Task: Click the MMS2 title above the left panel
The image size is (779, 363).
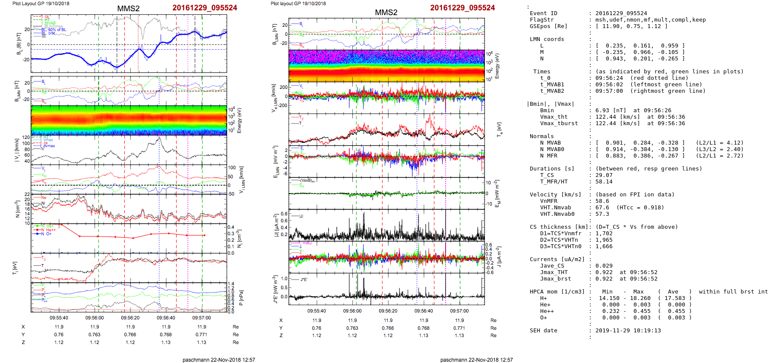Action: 128,9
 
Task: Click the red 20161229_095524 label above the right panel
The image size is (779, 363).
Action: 462,8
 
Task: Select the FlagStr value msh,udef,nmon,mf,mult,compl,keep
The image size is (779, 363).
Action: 651,20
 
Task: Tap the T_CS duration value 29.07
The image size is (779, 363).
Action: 604,175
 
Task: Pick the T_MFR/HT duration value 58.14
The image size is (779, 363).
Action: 604,182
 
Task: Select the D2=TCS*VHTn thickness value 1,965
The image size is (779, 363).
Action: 604,240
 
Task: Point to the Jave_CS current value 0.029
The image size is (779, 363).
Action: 604,266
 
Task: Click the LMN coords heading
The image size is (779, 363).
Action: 547,39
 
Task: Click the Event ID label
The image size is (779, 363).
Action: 543,13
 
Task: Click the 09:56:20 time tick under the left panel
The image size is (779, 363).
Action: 130,318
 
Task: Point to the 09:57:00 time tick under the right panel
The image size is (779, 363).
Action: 459,311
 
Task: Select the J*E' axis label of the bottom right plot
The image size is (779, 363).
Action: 275,289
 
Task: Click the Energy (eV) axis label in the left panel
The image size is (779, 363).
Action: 240,120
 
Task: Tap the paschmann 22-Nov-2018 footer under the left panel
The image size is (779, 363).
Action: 218,360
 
